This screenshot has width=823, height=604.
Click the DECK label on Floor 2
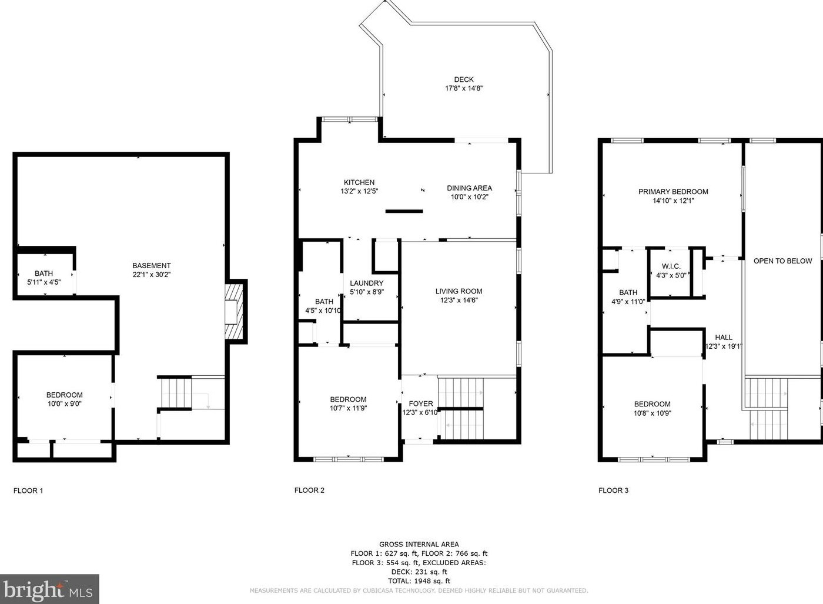point(463,79)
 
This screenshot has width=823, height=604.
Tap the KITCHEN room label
point(359,182)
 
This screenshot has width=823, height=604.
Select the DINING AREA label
point(469,188)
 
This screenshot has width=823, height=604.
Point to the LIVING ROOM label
point(459,291)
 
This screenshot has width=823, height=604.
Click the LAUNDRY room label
point(366,283)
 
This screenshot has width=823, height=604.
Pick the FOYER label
point(421,403)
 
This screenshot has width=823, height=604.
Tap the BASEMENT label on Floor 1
point(151,266)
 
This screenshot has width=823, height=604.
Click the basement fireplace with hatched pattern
point(235,311)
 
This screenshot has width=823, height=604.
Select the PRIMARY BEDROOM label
point(673,192)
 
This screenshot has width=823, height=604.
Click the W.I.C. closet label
point(671,266)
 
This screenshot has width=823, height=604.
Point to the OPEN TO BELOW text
point(782,261)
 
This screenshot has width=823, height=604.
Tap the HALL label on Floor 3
point(724,338)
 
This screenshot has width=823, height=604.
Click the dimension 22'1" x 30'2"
point(151,275)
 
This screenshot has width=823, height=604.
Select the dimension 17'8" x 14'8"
point(463,88)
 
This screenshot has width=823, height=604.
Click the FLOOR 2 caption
point(309,490)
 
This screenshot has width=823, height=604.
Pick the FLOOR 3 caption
point(613,490)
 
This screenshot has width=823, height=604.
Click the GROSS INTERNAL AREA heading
point(419,545)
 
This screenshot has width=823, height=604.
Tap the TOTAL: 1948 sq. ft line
point(419,581)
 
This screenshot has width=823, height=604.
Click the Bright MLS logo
point(49,589)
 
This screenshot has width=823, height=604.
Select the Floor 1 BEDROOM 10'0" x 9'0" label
point(64,399)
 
